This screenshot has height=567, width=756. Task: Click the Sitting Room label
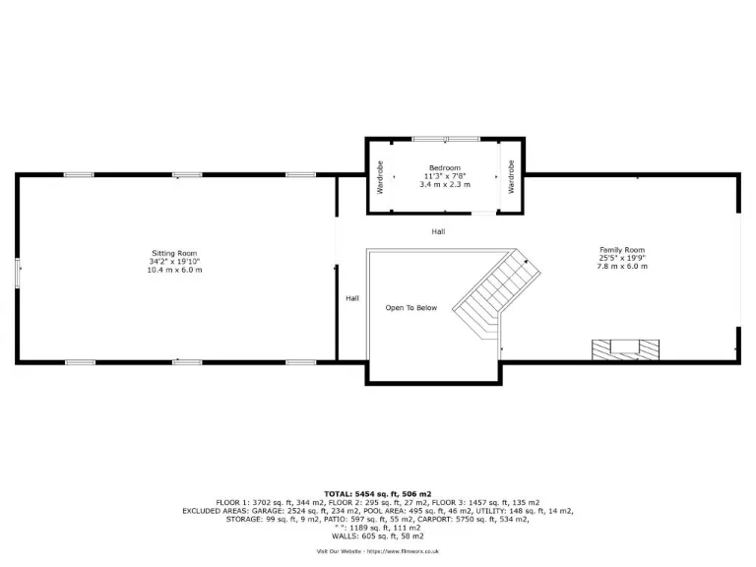click(174, 253)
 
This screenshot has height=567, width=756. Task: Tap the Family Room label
click(621, 249)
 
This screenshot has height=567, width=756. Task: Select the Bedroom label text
click(445, 168)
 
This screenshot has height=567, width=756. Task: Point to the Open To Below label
click(410, 308)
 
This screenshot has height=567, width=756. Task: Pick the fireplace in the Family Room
click(624, 348)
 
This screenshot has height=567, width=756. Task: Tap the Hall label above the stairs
click(438, 231)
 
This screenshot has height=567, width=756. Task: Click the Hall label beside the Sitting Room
click(351, 298)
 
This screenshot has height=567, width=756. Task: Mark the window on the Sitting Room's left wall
click(17, 273)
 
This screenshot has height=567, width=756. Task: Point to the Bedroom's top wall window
click(445, 139)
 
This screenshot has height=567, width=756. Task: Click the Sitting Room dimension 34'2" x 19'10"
click(174, 262)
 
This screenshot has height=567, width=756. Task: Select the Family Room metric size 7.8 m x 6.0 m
click(621, 266)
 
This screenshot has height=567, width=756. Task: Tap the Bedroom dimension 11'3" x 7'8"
click(445, 176)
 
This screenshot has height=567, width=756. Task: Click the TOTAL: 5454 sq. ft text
click(378, 493)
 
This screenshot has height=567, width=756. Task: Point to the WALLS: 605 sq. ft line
click(378, 535)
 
